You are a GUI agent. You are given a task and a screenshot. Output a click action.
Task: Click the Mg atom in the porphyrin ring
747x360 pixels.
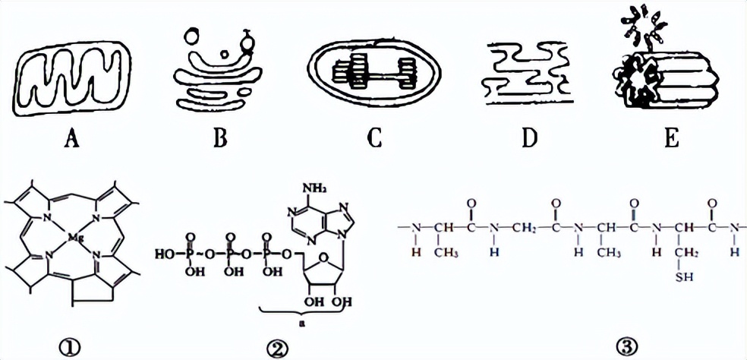click(x=74, y=238)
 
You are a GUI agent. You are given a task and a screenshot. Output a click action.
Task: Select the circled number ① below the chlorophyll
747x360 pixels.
click(x=74, y=346)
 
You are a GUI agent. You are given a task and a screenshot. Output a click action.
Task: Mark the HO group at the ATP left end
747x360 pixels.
click(x=167, y=251)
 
